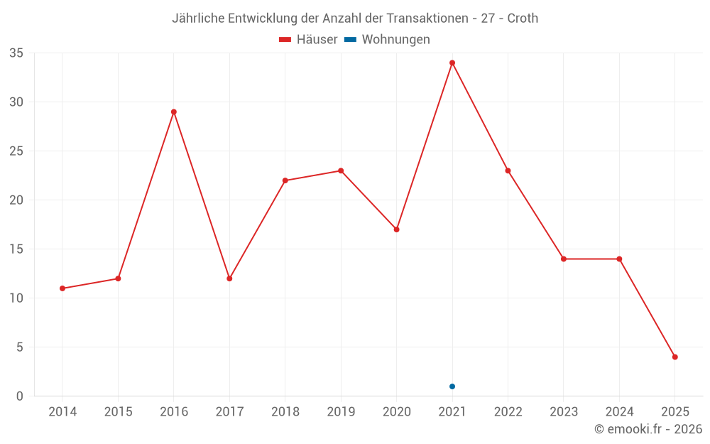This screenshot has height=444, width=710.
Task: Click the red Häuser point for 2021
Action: [452, 63]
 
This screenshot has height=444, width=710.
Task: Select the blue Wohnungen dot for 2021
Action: [452, 386]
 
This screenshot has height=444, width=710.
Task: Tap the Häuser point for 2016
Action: [174, 112]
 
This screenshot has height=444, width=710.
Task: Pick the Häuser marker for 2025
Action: [675, 357]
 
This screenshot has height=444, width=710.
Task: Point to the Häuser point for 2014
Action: [62, 288]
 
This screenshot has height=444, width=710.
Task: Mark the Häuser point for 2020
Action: [397, 229]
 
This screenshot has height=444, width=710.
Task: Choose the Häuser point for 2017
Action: [229, 278]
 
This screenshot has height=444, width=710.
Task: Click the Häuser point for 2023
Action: [564, 259]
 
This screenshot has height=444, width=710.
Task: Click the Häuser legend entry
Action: [308, 40]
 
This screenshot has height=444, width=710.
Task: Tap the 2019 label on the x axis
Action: [341, 411]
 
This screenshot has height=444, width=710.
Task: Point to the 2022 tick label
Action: [508, 411]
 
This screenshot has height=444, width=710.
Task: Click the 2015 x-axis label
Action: [118, 411]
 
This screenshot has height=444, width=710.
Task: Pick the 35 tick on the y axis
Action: [16, 53]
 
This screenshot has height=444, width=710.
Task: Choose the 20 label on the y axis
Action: [16, 200]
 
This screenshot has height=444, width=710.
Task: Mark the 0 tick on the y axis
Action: [20, 396]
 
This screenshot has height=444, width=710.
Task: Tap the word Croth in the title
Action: [523, 18]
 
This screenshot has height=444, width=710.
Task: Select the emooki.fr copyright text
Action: [648, 429]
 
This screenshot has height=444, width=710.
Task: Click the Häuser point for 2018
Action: [285, 180]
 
